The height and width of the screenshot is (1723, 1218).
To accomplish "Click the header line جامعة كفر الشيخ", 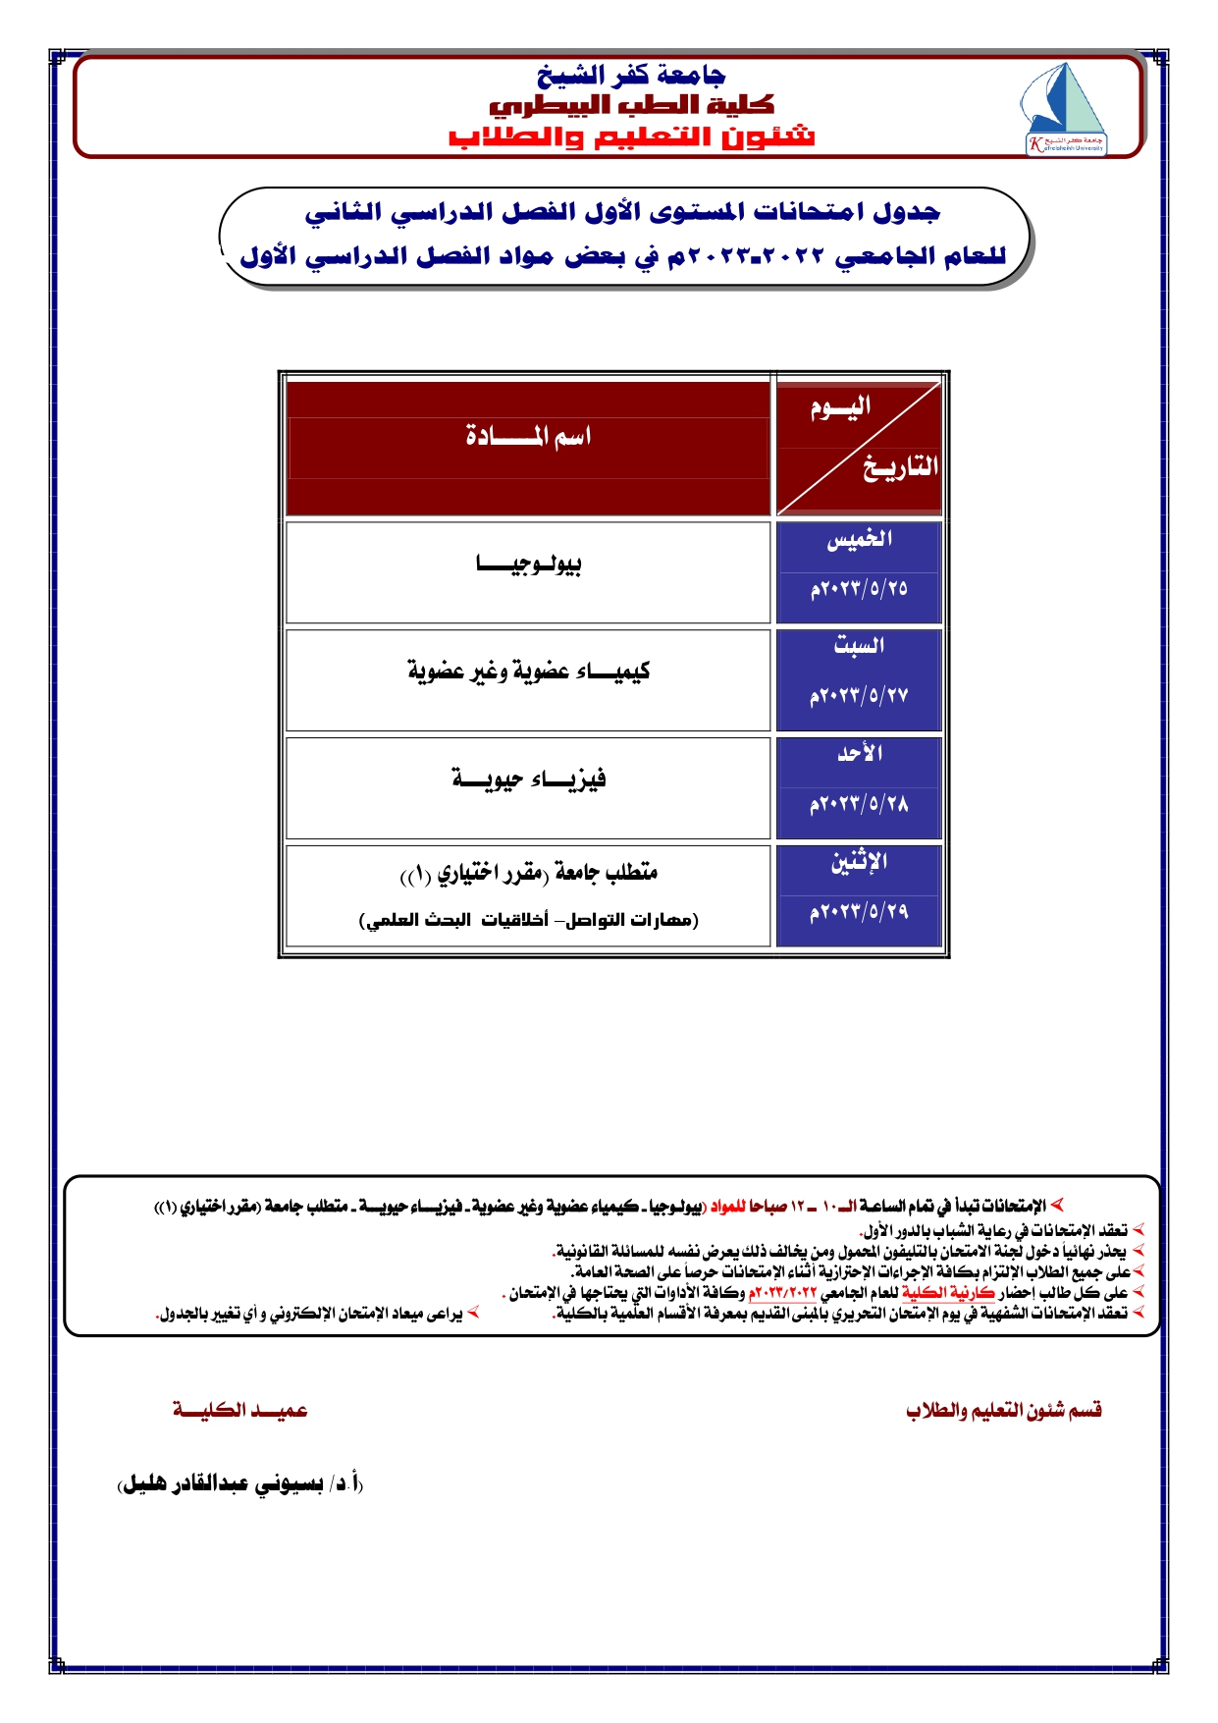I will pos(630,75).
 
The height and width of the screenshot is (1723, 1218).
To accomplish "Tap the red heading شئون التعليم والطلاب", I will pos(631,136).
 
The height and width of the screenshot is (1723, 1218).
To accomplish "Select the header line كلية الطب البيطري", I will pos(631,104).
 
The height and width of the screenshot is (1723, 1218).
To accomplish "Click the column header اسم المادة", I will pos(528,436).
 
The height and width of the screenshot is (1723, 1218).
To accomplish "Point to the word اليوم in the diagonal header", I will pos(840,407).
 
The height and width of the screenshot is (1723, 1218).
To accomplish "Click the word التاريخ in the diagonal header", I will pos(900,467).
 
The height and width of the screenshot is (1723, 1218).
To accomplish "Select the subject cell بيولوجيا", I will pos(528,565).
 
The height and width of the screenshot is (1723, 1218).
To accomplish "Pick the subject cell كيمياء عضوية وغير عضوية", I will pos(528,672).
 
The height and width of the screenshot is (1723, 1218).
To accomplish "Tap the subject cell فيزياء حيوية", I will pos(528,780).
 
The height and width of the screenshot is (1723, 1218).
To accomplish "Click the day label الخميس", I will pos(859,539).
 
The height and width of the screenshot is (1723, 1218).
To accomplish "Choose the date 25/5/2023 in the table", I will pos(859,589).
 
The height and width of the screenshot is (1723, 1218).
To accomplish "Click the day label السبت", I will pos(859,646).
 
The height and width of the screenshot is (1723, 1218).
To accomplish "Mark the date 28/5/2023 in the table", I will pos(859,805).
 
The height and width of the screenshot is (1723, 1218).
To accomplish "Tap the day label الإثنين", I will pos(859,862).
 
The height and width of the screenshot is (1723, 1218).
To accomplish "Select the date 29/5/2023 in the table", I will pos(859,913).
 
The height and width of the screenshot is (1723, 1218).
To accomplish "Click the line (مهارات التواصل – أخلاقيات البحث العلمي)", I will pos(528,921).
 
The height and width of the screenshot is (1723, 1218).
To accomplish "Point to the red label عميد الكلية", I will pos(240,1411).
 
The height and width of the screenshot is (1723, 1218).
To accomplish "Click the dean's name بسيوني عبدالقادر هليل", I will pos(240,1484).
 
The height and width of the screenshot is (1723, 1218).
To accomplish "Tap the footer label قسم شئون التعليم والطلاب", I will pos(1003,1411).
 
